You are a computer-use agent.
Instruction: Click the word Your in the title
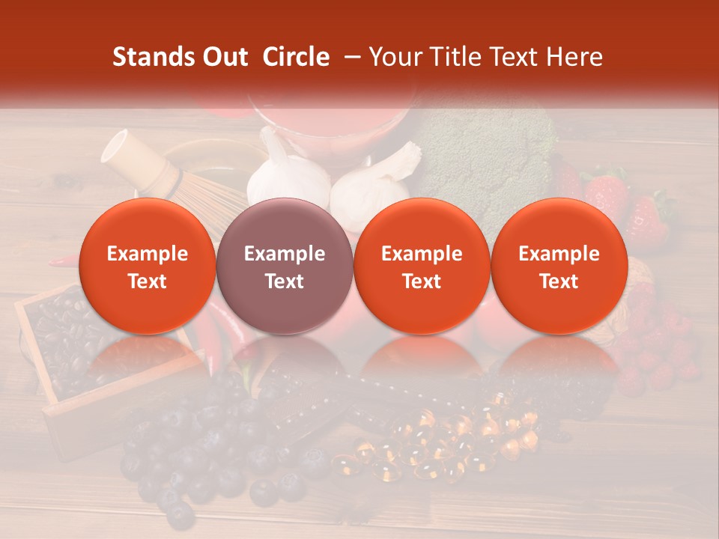[x=395, y=57]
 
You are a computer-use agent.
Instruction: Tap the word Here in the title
[x=575, y=57]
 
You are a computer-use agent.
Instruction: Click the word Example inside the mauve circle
[x=284, y=254]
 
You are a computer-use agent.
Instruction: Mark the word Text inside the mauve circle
[x=284, y=281]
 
